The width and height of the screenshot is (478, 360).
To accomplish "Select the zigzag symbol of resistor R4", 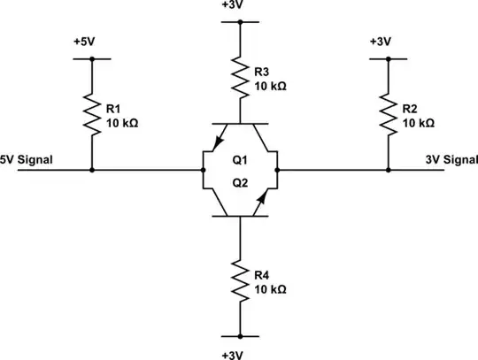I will pyautogui.click(x=240, y=280).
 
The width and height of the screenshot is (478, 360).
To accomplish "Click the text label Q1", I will pyautogui.click(x=240, y=161).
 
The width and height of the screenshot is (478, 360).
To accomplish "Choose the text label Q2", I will pyautogui.click(x=240, y=180).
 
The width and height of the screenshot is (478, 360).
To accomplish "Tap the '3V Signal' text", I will pyautogui.click(x=450, y=160).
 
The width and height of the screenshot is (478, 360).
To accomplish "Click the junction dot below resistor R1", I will pyautogui.click(x=92, y=170).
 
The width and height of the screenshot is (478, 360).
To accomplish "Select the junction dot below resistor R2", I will pyautogui.click(x=388, y=170).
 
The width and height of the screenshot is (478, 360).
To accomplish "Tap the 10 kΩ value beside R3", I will pyautogui.click(x=271, y=87).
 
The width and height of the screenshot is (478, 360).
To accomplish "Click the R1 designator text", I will pyautogui.click(x=112, y=108).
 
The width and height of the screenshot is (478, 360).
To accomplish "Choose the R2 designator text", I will pyautogui.click(x=409, y=108).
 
